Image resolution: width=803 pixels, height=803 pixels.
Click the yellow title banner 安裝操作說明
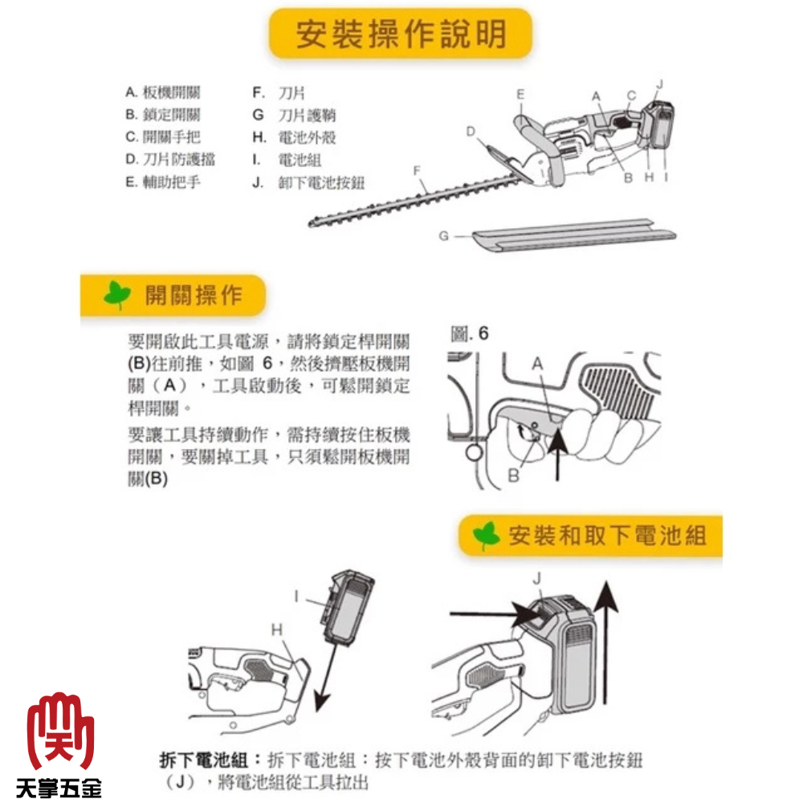(401, 33)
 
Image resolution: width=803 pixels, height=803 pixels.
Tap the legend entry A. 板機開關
(163, 92)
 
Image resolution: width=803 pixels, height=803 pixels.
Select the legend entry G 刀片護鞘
(295, 115)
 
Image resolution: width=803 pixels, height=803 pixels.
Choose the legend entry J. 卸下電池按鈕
(309, 183)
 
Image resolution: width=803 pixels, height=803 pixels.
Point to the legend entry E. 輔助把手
(163, 181)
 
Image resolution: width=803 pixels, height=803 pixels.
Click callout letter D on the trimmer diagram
(471, 132)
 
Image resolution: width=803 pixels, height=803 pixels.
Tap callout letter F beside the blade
(417, 171)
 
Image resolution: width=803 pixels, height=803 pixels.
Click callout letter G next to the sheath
(443, 236)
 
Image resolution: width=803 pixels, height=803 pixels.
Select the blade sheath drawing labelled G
(574, 236)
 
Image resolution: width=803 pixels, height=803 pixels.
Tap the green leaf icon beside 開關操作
(117, 296)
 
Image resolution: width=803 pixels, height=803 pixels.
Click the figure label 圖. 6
(469, 334)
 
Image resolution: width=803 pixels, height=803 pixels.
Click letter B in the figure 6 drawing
(514, 475)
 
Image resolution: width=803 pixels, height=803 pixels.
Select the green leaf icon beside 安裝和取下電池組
(486, 536)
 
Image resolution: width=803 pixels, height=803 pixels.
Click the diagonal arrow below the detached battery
(328, 677)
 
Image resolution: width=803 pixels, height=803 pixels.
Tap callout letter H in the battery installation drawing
(276, 630)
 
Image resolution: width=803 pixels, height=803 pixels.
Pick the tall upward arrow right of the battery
(605, 642)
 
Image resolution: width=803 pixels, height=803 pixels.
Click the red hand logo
(60, 732)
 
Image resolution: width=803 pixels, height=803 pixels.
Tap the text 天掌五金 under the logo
(59, 788)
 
